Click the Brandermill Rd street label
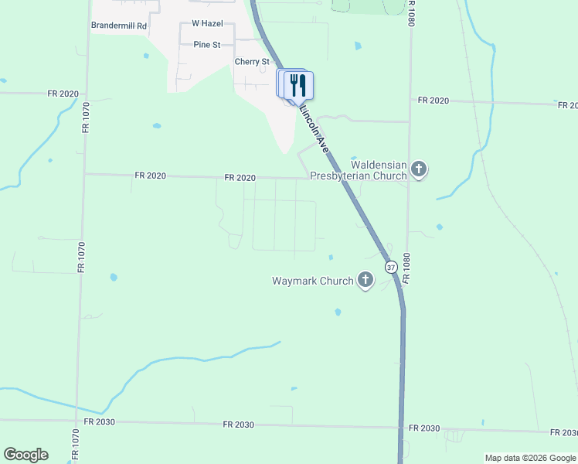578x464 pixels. [119, 26]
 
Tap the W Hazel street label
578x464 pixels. [206, 24]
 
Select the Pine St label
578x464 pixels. [207, 45]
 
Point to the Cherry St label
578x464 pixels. [252, 62]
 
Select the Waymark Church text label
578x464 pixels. [312, 281]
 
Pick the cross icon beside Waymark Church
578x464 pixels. [365, 281]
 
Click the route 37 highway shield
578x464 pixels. [391, 267]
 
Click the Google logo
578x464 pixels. [25, 455]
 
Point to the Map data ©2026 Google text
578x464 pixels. [530, 458]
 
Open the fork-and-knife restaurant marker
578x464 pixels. [299, 85]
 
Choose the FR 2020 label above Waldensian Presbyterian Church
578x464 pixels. [433, 101]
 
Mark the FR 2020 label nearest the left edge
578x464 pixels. [63, 94]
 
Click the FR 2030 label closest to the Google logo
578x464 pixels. [99, 421]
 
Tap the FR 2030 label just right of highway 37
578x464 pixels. [424, 428]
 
